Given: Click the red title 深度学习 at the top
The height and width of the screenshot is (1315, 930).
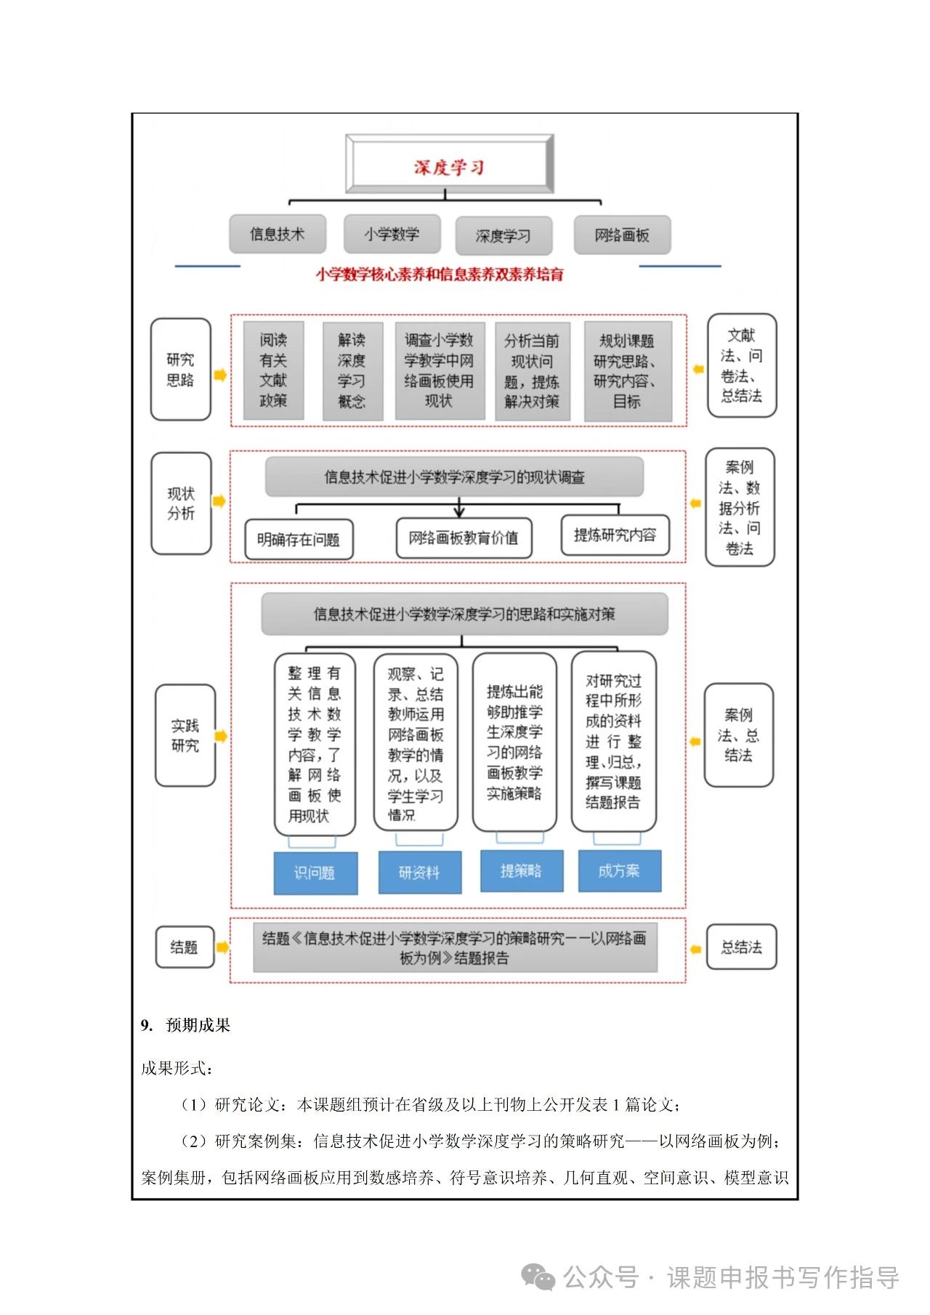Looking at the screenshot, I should point(449,167).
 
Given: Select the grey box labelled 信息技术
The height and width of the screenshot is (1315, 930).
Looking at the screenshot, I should point(278,234).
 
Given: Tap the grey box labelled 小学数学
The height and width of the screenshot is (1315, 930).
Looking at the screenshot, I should point(392,234).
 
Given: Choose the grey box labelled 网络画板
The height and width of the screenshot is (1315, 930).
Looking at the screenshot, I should point(622,235).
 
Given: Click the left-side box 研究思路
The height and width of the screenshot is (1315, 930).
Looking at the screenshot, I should point(180,369).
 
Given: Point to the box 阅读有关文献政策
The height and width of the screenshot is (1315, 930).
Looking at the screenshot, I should point(273,371).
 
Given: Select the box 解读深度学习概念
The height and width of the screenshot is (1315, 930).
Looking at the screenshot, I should point(352,371).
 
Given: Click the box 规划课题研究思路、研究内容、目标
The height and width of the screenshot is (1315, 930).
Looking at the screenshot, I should point(627,371).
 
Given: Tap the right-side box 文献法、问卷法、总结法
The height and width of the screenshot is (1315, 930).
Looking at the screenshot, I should point(742,365).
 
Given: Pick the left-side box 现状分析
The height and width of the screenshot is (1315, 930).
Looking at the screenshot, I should point(181,503).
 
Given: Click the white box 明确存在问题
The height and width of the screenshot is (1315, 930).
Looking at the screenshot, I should point(299,540).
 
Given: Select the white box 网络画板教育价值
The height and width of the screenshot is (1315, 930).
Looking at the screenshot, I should point(464,538).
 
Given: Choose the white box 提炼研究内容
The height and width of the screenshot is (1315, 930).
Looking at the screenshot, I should point(615,535).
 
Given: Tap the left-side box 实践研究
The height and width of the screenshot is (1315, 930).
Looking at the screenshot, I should point(185,735).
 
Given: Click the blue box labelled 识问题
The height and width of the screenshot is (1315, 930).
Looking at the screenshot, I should point(315,873).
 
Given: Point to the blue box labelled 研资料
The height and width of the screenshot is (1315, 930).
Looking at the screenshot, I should point(419,873).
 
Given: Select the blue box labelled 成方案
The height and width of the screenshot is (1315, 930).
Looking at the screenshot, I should point(619,870).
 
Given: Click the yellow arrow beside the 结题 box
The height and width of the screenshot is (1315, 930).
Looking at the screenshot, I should point(222,947).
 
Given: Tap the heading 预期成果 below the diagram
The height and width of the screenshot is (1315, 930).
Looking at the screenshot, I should point(198,1025).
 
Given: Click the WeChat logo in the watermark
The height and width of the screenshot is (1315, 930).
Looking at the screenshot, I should point(539,1277).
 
